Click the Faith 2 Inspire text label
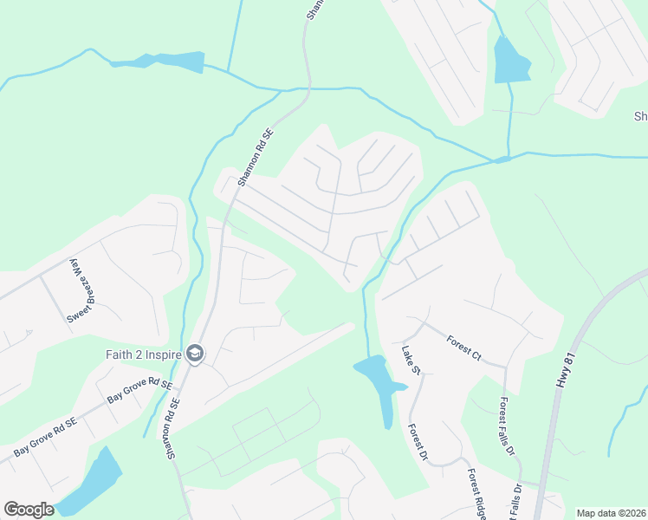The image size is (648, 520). click(141, 354)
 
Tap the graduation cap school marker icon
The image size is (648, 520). click(195, 354)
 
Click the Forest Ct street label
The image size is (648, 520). click(464, 348)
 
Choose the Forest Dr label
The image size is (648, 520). click(418, 441)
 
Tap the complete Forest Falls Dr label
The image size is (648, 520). click(506, 427)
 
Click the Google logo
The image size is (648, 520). click(29, 510)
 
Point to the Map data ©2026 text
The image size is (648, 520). click(611, 513)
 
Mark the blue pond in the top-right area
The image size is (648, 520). click(509, 61)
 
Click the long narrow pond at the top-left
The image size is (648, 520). click(160, 62)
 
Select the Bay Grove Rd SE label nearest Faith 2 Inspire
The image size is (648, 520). click(140, 390)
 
